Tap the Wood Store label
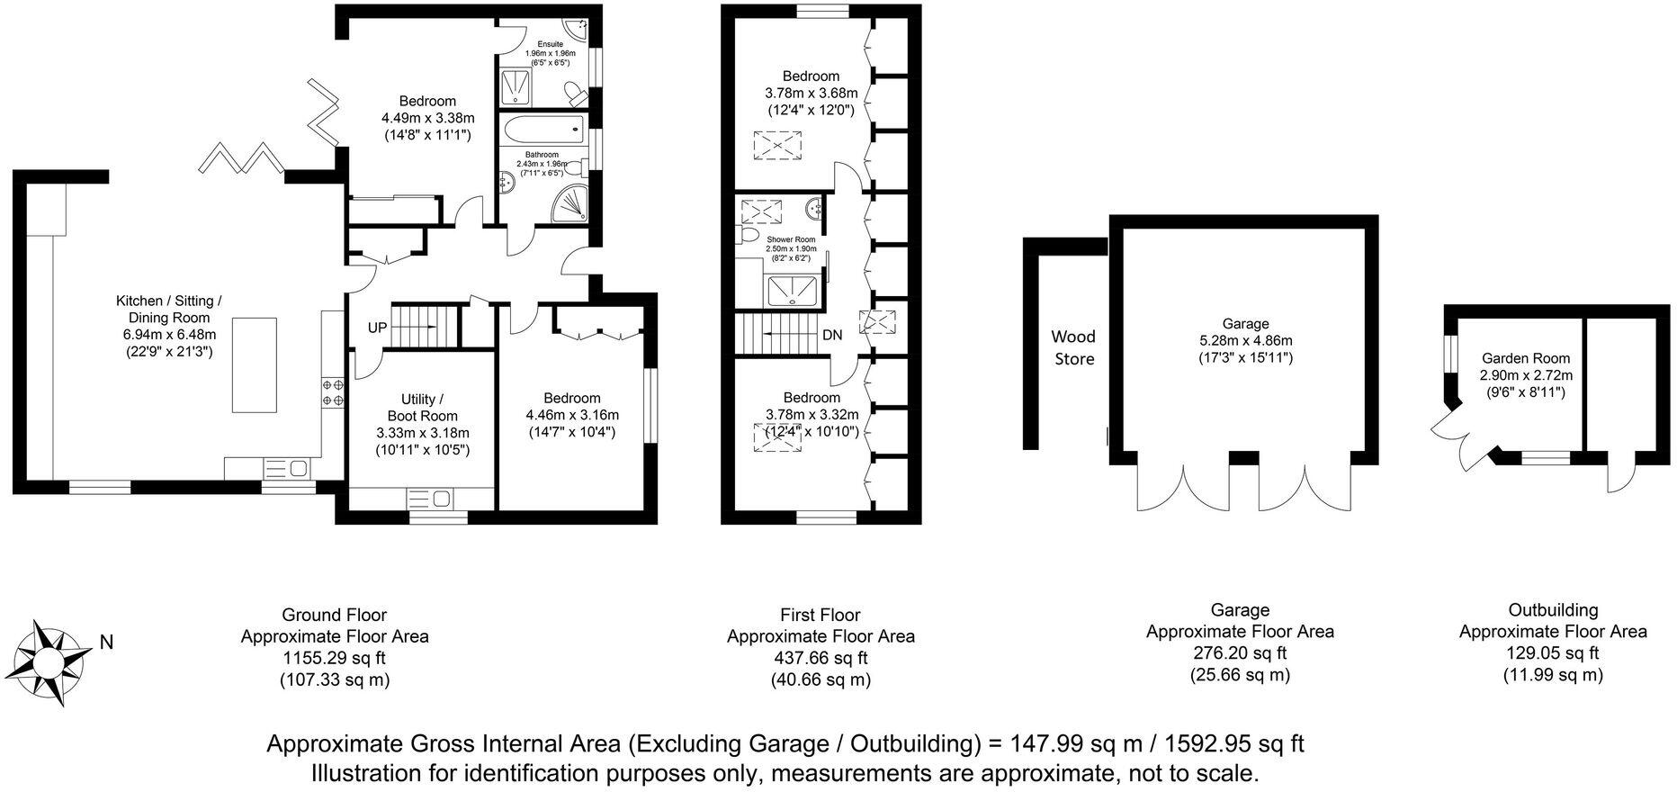[1073, 347]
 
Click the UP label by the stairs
[377, 328]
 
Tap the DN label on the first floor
[832, 335]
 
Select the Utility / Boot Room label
[422, 407]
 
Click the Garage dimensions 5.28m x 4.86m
[1245, 340]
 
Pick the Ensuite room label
[550, 44]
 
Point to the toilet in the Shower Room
[747, 235]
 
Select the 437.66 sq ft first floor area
[820, 657]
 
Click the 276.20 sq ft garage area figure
[1240, 652]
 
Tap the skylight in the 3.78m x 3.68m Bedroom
[776, 145]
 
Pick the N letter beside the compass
[106, 643]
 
